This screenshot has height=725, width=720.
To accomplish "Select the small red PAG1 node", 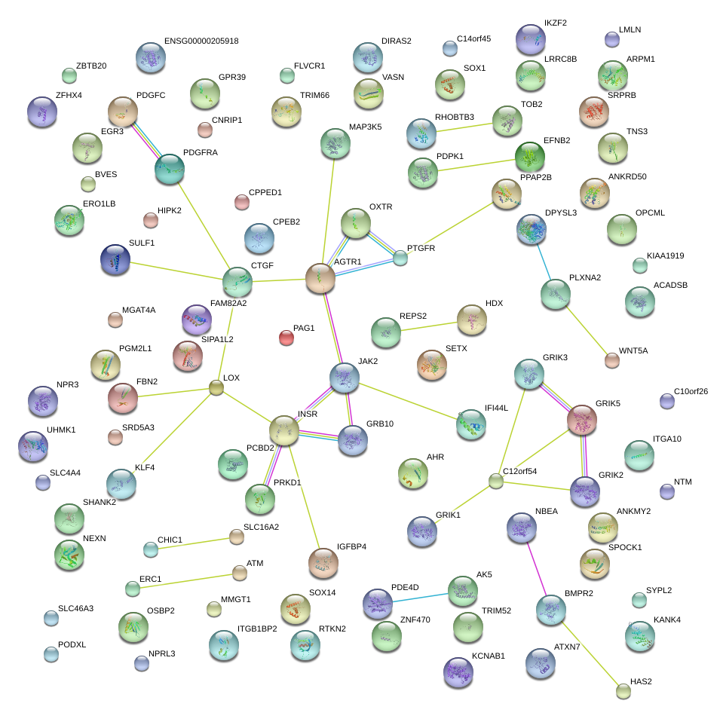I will coord(286,338).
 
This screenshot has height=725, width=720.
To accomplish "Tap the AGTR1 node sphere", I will coord(320,278).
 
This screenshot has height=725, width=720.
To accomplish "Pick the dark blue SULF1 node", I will coord(115,259).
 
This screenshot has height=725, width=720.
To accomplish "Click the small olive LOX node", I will coord(216,388).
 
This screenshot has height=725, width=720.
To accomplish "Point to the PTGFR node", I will coord(400,258).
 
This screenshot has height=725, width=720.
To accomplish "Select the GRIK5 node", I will coord(582,420).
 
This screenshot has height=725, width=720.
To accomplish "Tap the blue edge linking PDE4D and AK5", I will coord(421,597).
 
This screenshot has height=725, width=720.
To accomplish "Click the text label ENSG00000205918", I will coord(201,41).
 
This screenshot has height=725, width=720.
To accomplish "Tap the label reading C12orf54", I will coord(519,471).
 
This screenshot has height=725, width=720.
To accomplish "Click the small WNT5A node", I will coord(612,360).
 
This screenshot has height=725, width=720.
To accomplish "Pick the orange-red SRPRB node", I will coord(594,112).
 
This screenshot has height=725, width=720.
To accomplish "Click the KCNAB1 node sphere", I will coord(458,672).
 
